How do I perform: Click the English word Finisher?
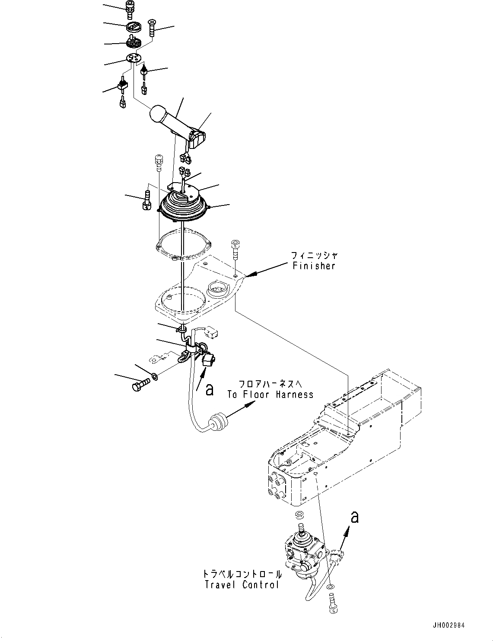tap(314, 266)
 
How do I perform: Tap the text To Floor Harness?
tap(270, 394)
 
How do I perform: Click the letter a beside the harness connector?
tap(209, 390)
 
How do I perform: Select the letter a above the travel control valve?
tap(354, 516)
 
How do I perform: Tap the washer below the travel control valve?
tap(330, 587)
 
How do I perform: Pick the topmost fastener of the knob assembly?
tap(129, 8)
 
